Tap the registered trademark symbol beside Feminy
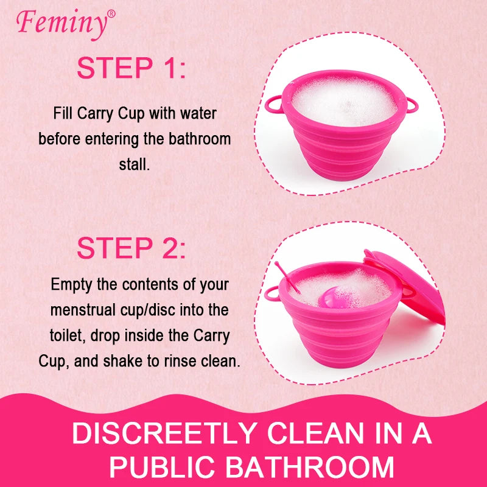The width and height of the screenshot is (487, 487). tap(111, 14)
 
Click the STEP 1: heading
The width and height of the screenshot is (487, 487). tap(131, 68)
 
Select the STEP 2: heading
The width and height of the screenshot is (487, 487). tap(131, 248)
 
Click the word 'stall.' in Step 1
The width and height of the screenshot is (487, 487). tap(135, 164)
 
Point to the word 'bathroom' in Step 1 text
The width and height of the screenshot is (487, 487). tap(200, 139)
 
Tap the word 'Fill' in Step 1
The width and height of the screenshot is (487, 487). tap(63, 113)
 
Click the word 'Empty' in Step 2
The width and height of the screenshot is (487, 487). tap(71, 285)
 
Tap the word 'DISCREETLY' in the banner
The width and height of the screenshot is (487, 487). tap(164, 433)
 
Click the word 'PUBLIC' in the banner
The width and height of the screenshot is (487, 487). tap(162, 466)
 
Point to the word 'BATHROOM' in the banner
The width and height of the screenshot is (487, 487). tap(310, 466)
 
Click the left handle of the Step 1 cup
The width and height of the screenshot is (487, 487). tap(274, 104)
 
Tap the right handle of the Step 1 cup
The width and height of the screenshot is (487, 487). tap(412, 105)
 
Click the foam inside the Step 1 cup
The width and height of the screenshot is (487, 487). tap(344, 102)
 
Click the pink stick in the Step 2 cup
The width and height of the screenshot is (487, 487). tap(287, 278)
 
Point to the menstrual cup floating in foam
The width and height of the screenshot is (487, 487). tap(333, 298)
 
